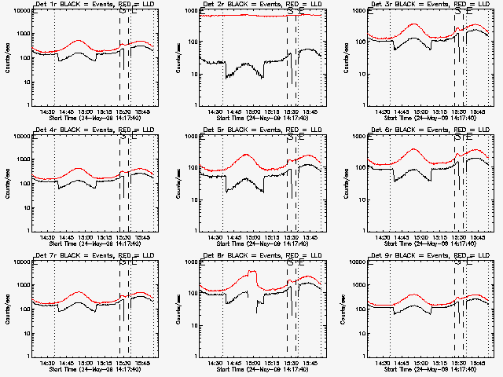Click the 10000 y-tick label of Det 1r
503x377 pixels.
click(22, 12)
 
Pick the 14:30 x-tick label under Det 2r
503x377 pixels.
click(215, 112)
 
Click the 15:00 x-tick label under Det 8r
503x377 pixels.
click(253, 363)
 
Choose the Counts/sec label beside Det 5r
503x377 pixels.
click(174, 183)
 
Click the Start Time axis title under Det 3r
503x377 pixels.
click(423, 119)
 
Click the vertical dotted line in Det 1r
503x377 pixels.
click(55, 63)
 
